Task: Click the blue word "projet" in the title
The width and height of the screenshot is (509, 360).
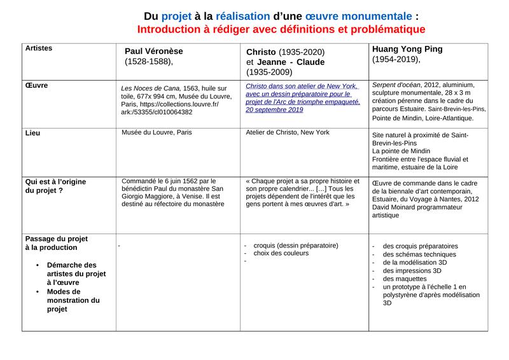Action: (x=177, y=15)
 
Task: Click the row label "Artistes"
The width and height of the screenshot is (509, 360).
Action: (x=39, y=48)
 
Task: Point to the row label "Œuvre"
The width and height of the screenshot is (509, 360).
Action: (x=36, y=85)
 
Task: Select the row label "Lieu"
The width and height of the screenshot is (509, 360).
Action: (x=32, y=133)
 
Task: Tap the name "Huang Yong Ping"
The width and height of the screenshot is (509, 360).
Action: (x=407, y=49)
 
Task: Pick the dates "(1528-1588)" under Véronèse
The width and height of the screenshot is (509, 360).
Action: (x=148, y=62)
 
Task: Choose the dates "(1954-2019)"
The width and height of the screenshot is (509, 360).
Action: (x=396, y=59)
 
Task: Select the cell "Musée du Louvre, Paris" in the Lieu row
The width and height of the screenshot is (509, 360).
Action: (x=157, y=133)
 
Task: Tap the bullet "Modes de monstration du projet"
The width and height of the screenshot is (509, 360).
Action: (x=73, y=300)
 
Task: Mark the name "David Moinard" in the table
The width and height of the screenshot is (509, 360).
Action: (x=396, y=207)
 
